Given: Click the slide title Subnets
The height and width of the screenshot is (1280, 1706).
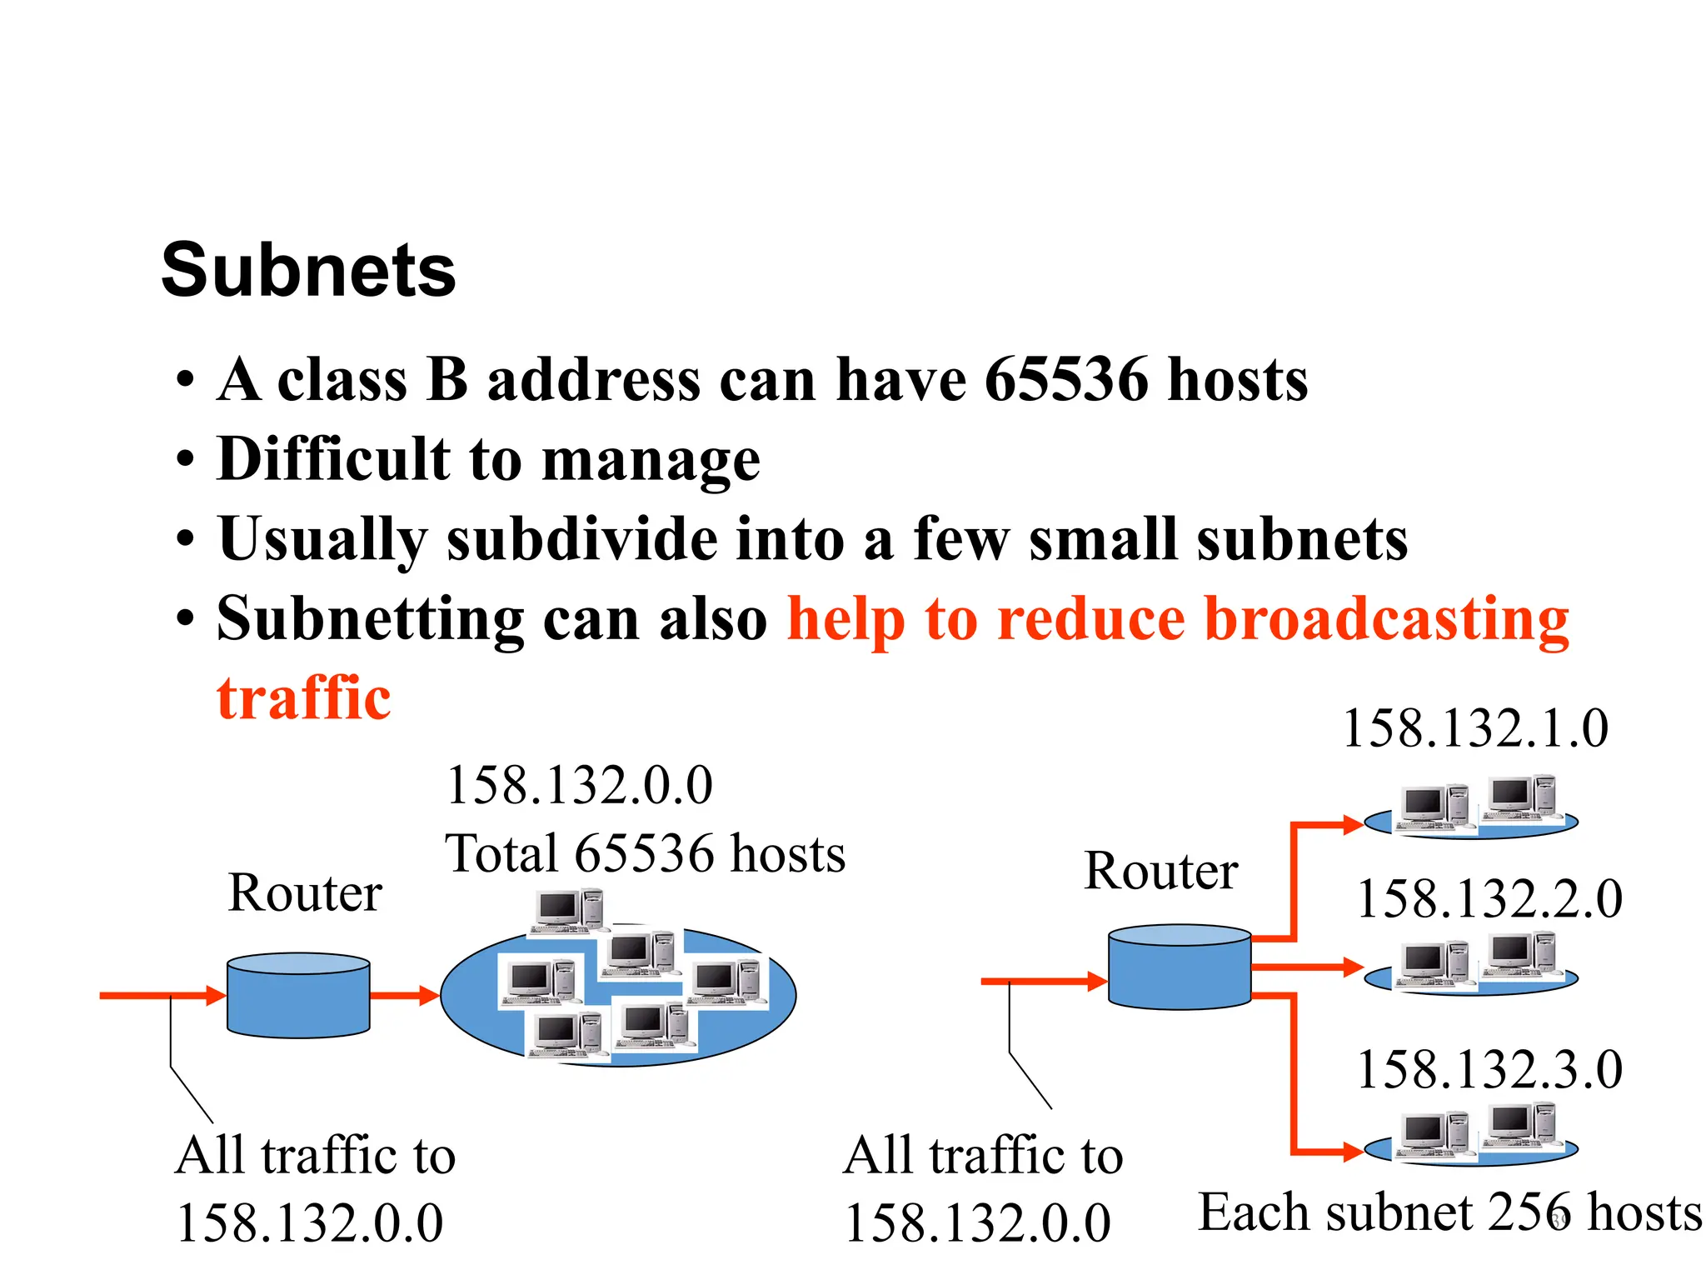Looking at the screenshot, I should pos(308,270).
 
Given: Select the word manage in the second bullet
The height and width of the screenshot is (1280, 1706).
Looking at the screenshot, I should pos(651,460).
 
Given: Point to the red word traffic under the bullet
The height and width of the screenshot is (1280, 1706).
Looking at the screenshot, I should pos(303,698).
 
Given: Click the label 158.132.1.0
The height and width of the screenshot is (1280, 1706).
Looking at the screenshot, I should pos(1475,729).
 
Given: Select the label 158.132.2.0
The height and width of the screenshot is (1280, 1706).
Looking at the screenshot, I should pos(1489,900).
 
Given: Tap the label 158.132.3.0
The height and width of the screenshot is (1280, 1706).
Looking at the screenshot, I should pos(1489,1070).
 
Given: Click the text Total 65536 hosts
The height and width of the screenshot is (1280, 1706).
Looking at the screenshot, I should pos(645,854).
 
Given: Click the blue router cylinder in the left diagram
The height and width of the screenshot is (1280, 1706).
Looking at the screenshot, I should pos(298,997).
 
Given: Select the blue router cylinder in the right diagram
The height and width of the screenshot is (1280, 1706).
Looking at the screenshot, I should pos(1180,968).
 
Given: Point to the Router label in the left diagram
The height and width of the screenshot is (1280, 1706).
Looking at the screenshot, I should pos(305,893).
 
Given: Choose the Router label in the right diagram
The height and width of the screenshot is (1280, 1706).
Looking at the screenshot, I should pos(1160,872).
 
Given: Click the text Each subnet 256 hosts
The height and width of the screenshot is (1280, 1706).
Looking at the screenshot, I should pos(1449,1212).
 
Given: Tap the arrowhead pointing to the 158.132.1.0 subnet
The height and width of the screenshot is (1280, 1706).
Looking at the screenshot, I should pos(1351,825).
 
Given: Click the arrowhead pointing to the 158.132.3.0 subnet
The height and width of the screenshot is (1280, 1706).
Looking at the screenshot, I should pos(1351,1153).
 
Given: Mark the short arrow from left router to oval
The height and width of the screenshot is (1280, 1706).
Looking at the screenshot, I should pos(405,995).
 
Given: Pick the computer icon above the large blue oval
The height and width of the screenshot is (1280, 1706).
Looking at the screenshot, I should pos(568,911).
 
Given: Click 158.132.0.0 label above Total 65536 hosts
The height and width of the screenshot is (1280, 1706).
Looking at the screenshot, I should pos(580,786).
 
